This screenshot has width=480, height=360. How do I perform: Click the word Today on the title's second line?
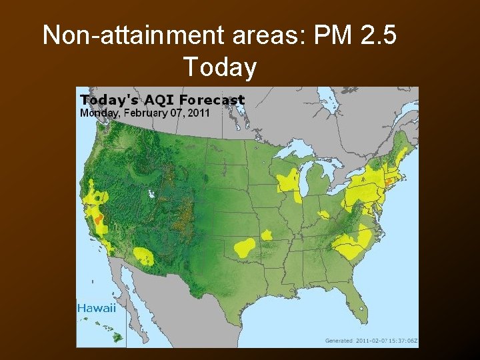pyautogui.click(x=219, y=67)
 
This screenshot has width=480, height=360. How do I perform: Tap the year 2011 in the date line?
pyautogui.click(x=199, y=113)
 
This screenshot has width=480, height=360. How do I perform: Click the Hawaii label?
pyautogui.click(x=97, y=308)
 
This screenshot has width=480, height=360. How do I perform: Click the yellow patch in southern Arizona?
pyautogui.click(x=143, y=255)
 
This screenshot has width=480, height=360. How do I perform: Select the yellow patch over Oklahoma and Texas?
pyautogui.click(x=245, y=247)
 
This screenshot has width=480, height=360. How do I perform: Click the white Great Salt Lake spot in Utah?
pyautogui.click(x=152, y=194)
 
